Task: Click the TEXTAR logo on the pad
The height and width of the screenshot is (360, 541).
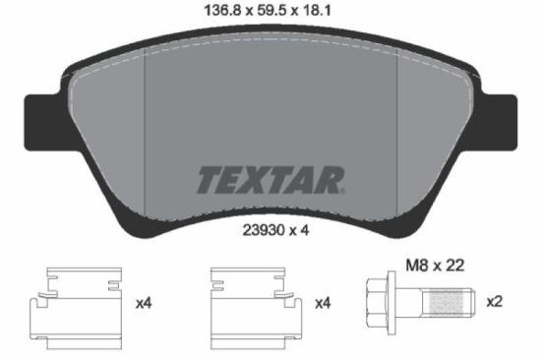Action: tap(270, 180)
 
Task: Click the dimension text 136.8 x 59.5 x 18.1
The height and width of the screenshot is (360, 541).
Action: tap(270, 14)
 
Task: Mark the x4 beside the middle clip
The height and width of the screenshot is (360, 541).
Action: tap(321, 304)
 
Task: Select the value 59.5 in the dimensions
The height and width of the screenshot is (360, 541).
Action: tap(270, 14)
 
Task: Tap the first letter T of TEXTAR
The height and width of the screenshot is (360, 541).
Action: tap(210, 180)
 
